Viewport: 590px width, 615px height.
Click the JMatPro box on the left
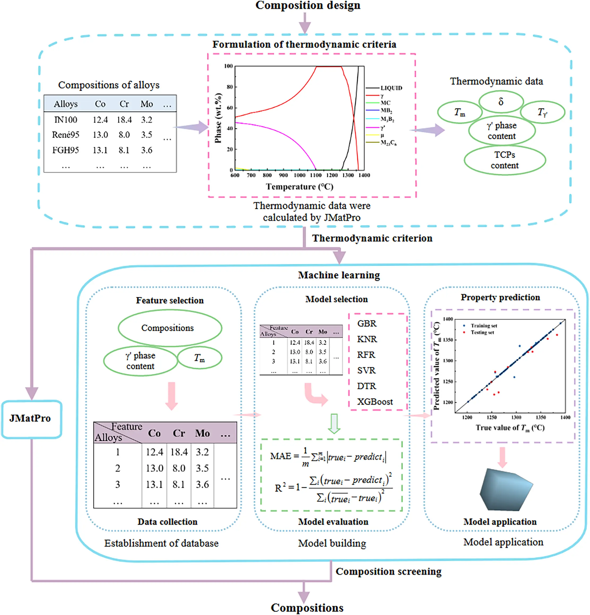point(31,418)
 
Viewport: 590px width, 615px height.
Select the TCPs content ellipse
point(504,160)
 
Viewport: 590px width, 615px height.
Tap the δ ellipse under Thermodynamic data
point(501,101)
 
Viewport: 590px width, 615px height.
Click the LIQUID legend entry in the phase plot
point(391,88)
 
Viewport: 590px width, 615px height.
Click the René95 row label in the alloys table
point(66,135)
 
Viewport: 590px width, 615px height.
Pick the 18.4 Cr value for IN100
point(124,120)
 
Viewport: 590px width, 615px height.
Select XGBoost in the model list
point(375,402)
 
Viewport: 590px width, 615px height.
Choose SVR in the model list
point(366,371)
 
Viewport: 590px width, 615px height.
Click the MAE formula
point(328,457)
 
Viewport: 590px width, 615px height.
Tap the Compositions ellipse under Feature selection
point(167,328)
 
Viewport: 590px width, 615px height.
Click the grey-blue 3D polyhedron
point(506,490)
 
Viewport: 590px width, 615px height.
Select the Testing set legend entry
point(482,332)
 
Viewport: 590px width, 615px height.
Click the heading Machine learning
point(339,275)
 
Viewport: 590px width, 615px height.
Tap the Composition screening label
point(389,572)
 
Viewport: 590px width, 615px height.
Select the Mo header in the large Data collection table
point(203,433)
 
